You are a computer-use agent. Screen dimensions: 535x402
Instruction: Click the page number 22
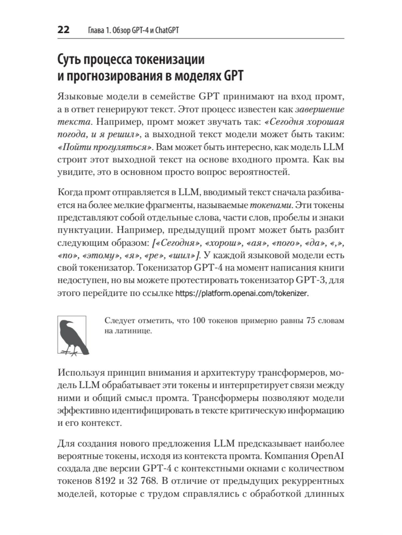pyautogui.click(x=64, y=30)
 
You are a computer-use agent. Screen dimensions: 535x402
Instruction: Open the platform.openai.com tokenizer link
pyautogui.click(x=241, y=294)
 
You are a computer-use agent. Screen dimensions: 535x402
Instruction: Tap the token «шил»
pyautogui.click(x=184, y=256)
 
